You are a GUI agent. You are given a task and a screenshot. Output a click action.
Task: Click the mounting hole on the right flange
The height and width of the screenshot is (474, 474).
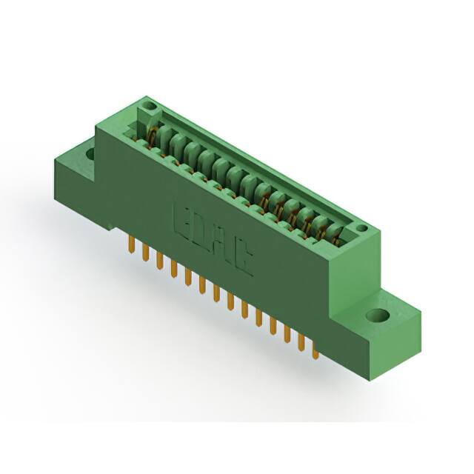click(x=378, y=316)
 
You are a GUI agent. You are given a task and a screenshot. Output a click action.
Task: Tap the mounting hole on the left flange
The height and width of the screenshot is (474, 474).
click(x=90, y=154)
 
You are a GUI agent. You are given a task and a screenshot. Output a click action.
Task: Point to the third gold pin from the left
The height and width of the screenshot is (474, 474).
click(x=159, y=261)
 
